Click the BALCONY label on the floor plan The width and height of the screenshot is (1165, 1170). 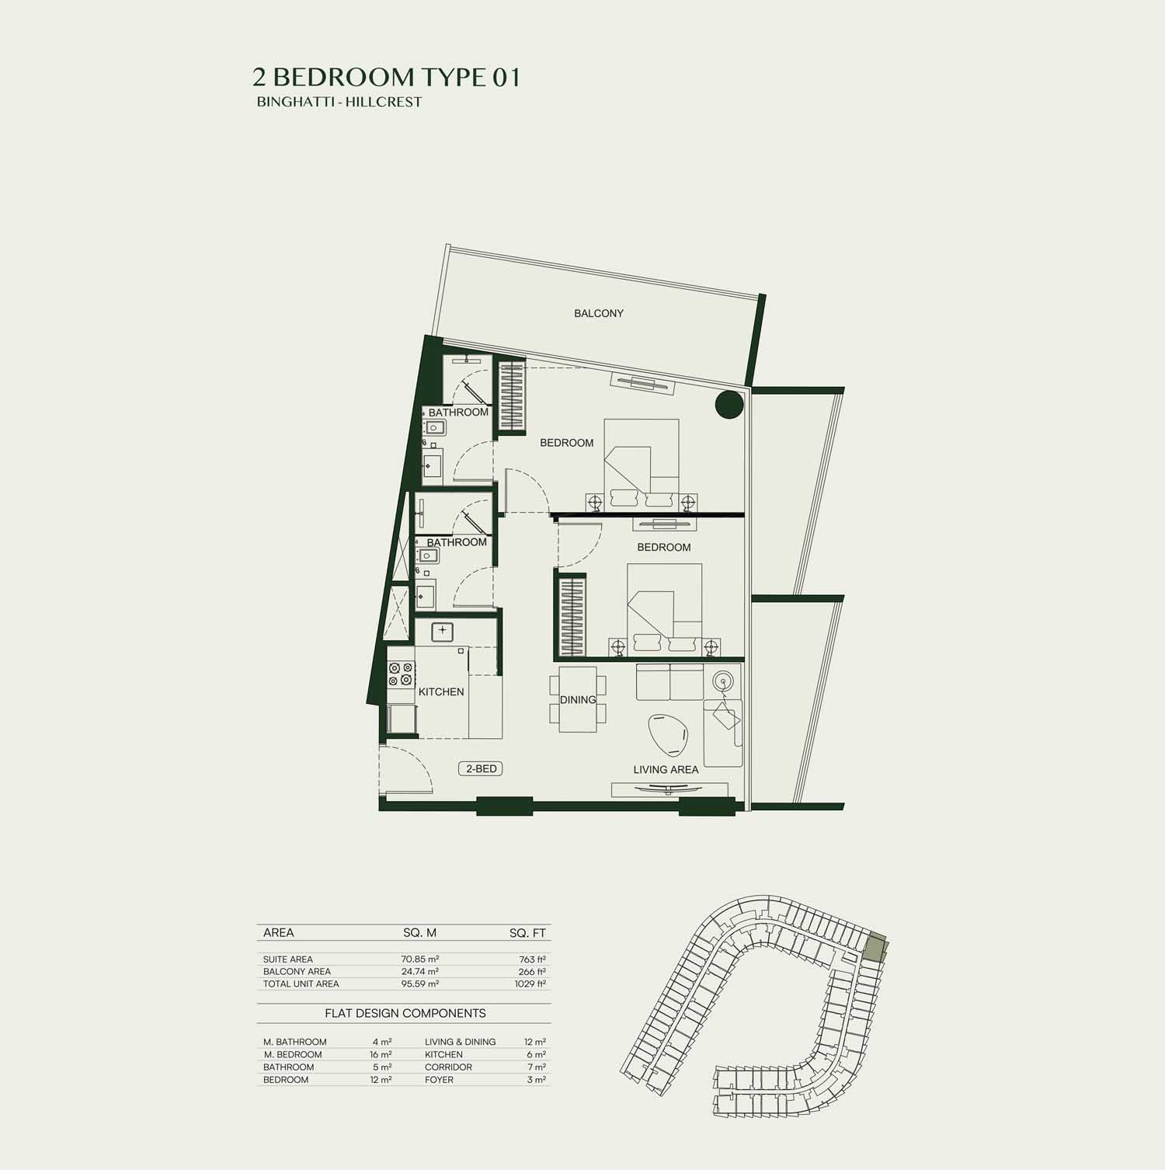599,314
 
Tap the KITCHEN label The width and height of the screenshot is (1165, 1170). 441,692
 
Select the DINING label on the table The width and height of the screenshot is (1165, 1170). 578,700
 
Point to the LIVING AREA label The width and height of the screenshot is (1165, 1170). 666,770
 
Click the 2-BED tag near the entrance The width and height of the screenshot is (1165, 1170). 481,769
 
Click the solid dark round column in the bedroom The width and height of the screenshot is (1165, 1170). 729,405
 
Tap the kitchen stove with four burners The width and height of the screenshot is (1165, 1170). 400,674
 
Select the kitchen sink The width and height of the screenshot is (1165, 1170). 442,632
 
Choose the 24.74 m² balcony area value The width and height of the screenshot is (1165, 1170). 420,972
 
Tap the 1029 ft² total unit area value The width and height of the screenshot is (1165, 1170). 530,984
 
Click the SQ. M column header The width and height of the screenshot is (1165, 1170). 420,933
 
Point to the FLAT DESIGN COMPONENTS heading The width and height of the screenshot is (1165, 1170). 405,1014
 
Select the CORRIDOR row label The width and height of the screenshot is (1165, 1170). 448,1067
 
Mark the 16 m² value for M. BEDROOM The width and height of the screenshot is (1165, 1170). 381,1055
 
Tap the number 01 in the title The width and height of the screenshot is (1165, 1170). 506,77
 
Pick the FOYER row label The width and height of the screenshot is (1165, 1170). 439,1080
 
